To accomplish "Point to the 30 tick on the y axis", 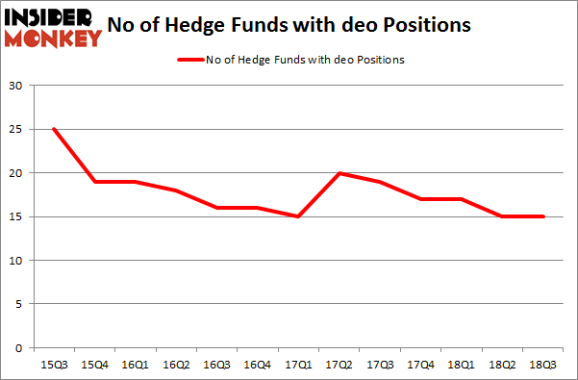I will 17,86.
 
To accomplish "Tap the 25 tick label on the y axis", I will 17,129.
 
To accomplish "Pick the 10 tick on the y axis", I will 17,261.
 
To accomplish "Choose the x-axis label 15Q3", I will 54,366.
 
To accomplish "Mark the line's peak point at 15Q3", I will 54,129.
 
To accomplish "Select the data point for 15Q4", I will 94,182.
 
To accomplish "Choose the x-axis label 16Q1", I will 134,366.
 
